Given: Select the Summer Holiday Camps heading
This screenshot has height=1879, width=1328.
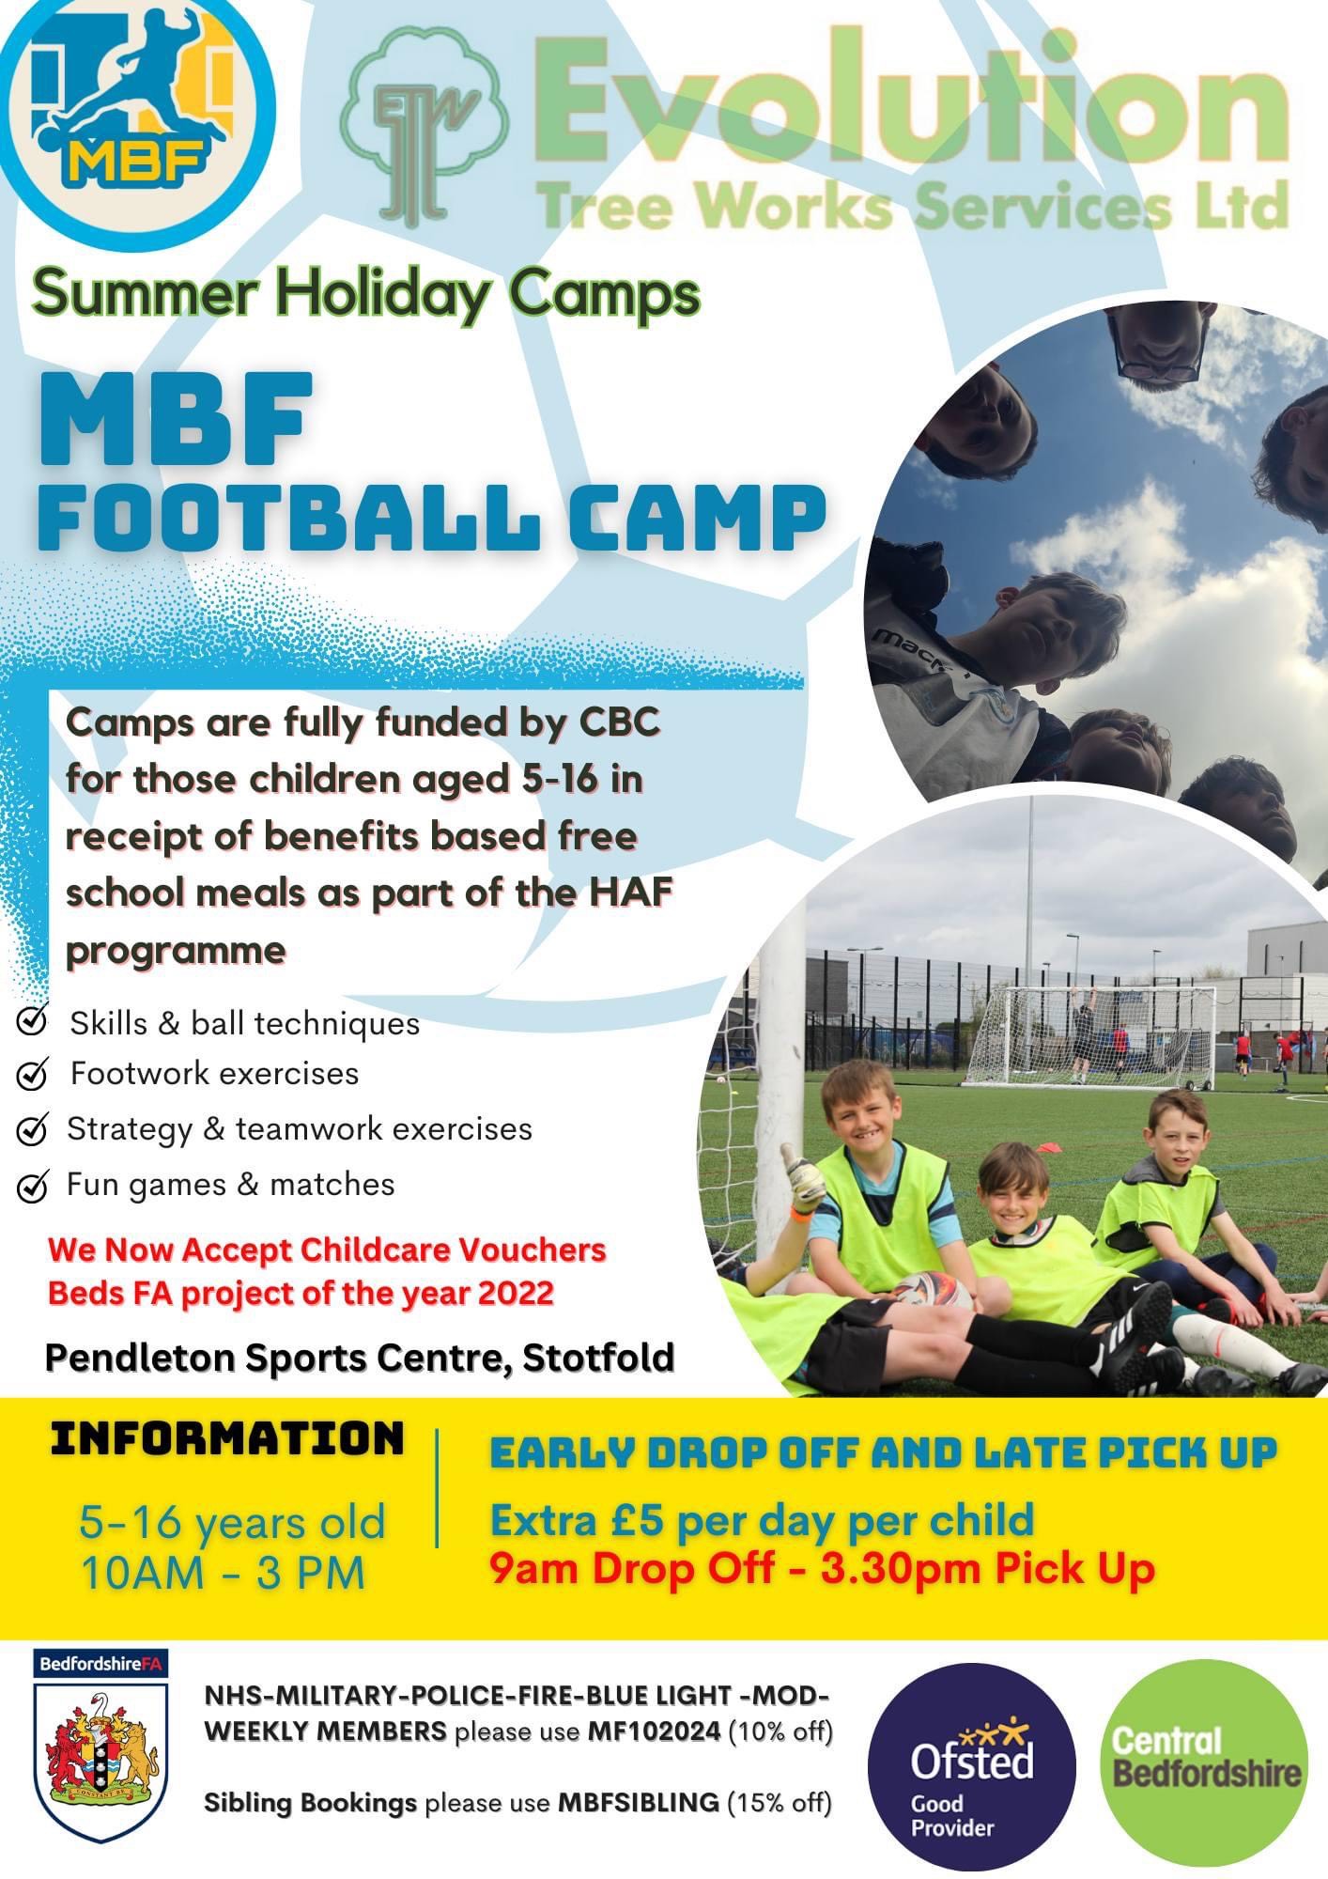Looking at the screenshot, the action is click(366, 293).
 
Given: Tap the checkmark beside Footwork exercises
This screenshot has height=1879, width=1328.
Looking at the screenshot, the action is click(33, 1075).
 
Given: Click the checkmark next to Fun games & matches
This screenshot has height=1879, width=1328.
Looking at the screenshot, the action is click(33, 1187).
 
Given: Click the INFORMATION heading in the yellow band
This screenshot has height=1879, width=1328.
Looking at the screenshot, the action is click(227, 1438).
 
